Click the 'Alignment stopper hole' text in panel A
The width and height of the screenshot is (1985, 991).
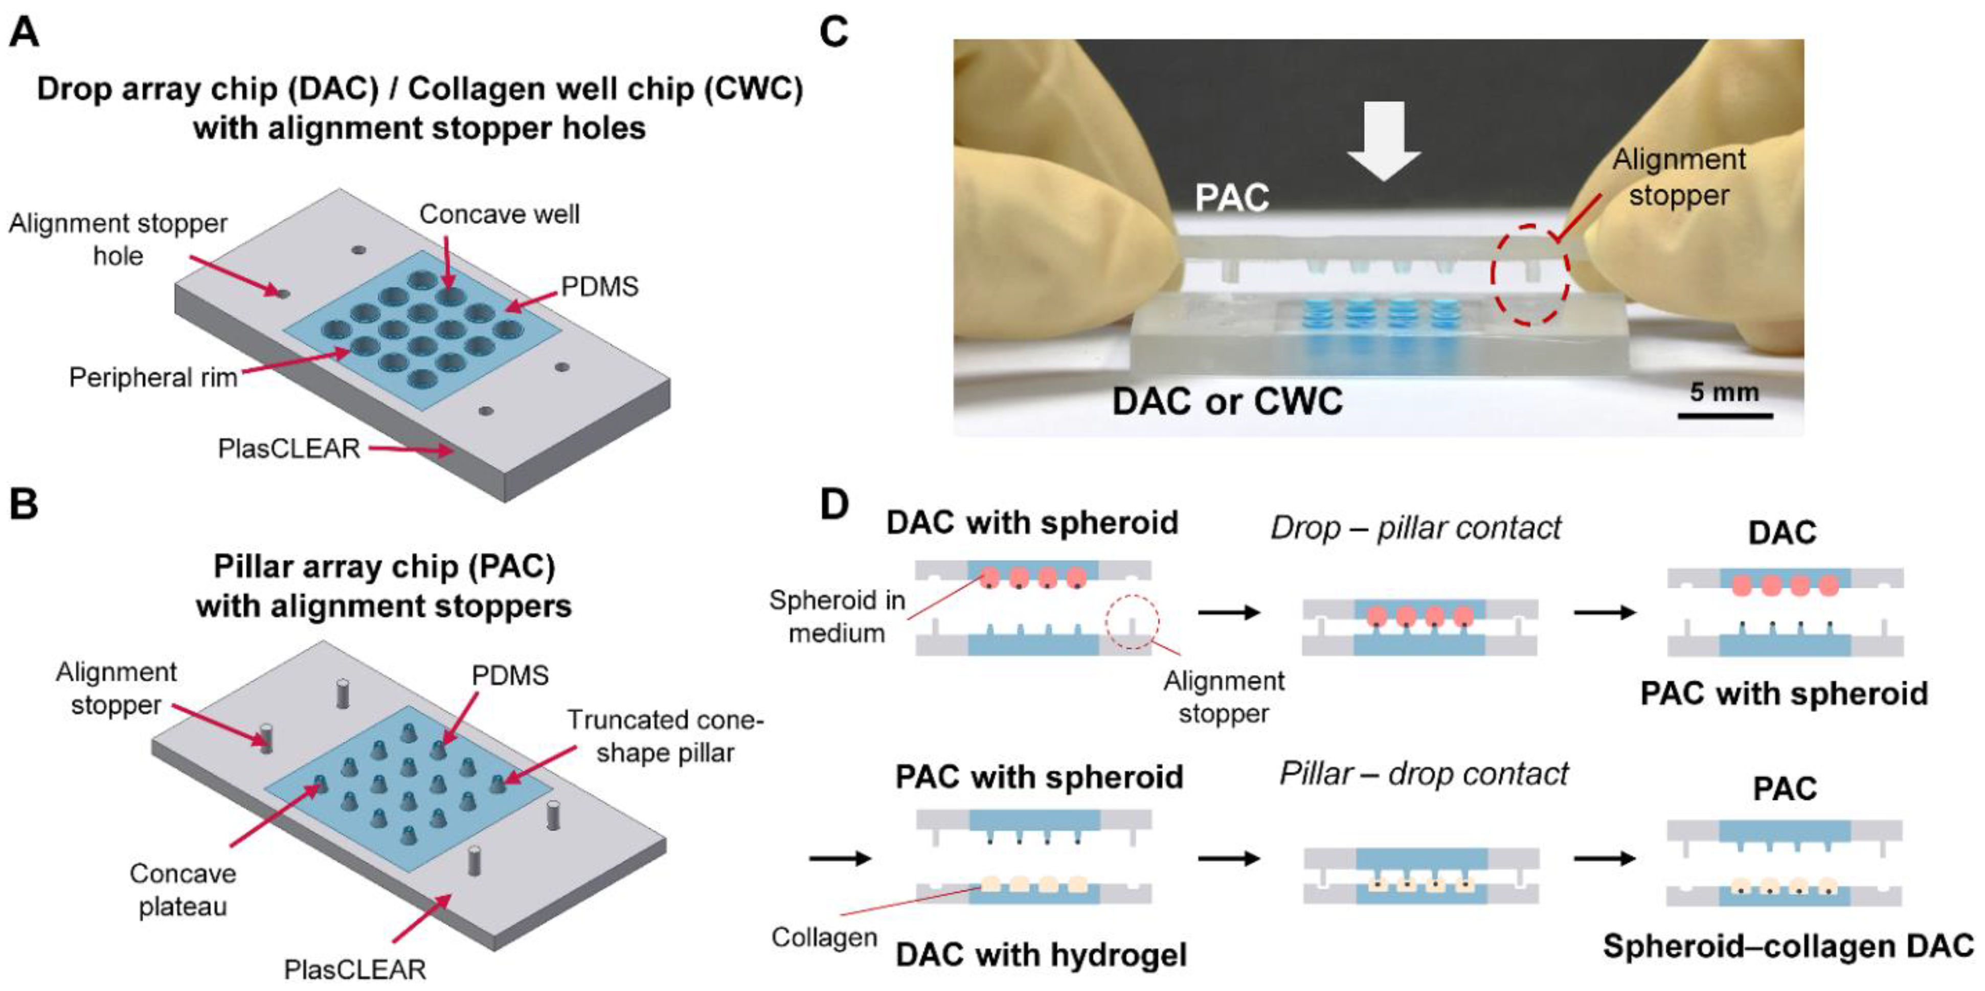point(118,239)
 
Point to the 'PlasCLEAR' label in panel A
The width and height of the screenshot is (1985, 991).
point(289,448)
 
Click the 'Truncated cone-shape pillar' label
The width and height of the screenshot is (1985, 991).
point(664,736)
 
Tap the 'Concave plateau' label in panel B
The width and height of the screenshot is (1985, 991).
point(183,890)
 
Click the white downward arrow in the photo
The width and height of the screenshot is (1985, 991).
point(1384,143)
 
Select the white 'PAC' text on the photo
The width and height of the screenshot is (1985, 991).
point(1231,198)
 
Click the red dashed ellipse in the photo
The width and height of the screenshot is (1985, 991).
point(1529,275)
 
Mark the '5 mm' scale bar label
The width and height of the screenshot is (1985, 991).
point(1724,392)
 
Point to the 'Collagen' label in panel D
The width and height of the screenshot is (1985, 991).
point(824,937)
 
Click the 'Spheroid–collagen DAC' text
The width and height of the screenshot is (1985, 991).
point(1788,945)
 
